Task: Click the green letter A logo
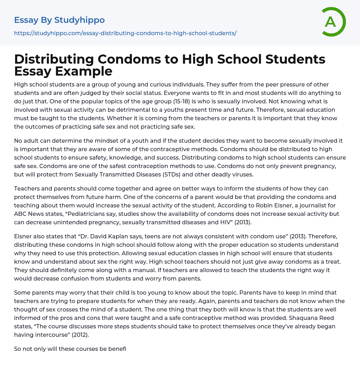pyautogui.click(x=333, y=22)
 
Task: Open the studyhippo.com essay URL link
pyautogui.click(x=125, y=33)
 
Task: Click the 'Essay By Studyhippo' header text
pyautogui.click(x=59, y=20)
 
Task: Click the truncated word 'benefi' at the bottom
pyautogui.click(x=118, y=349)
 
